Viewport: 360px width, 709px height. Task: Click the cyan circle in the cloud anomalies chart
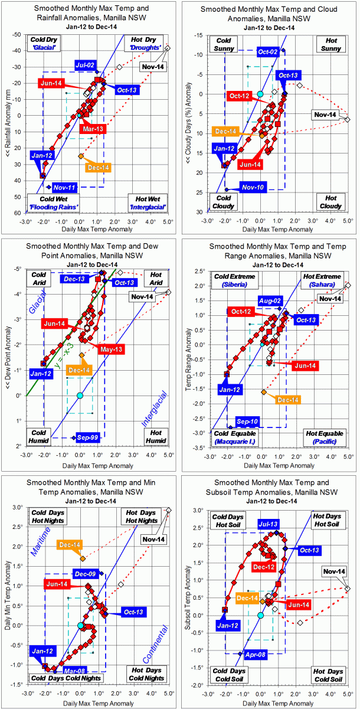[x=260, y=94]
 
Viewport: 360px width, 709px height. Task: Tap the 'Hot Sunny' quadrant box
[x=330, y=44]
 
